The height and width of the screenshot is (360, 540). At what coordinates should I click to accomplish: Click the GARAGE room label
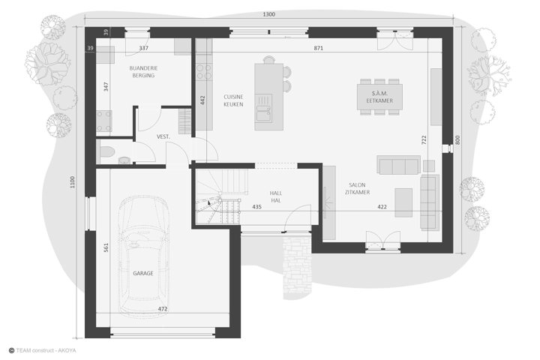coord(143,273)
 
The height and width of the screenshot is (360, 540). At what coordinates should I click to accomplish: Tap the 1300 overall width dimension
coord(269,14)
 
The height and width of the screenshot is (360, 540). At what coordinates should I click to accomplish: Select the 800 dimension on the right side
coord(457,139)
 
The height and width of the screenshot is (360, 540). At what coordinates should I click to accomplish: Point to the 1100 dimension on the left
coord(72,182)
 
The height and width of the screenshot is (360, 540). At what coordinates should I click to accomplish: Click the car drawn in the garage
coord(143,254)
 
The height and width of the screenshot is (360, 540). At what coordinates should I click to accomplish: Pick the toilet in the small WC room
coord(106,151)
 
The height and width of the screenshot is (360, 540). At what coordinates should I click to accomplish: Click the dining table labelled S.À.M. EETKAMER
coord(379,97)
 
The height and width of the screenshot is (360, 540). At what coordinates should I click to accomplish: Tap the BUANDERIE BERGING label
coord(143,72)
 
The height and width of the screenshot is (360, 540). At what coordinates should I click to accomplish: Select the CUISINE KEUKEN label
coord(233,100)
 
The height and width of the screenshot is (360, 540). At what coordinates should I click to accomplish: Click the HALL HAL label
coord(276,196)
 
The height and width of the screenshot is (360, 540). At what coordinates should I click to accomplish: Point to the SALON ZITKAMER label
coord(357,189)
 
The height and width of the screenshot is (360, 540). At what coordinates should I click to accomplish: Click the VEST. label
coord(163,136)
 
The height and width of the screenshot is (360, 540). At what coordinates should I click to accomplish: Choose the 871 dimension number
coord(319,48)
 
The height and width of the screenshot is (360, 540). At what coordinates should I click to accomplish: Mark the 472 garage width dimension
coord(163,309)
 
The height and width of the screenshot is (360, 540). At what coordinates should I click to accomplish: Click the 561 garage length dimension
coord(106,247)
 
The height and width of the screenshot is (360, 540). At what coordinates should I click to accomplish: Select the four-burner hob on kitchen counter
coord(204,72)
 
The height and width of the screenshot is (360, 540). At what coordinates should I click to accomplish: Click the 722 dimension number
coord(424,139)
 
